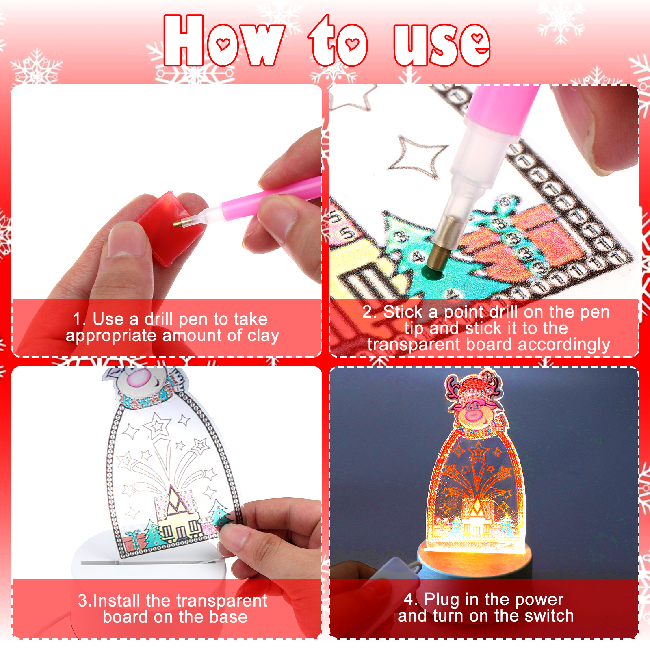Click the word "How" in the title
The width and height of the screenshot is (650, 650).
coord(224,41)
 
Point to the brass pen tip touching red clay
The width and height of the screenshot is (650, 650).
coord(178,224)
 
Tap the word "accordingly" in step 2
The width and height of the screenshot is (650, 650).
coord(564,345)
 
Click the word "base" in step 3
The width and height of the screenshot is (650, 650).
coord(228,617)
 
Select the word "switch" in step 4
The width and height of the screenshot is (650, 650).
coord(549,616)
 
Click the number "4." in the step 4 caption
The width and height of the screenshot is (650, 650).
coord(411,600)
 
